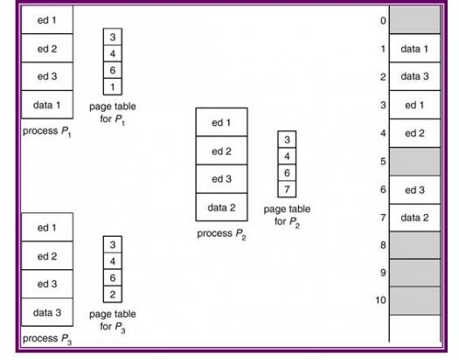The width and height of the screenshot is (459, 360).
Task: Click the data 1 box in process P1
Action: (47, 104)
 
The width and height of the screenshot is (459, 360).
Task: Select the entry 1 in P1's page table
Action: (113, 87)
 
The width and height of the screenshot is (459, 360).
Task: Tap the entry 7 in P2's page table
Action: (287, 190)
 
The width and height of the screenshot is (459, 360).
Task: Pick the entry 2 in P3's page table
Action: (113, 294)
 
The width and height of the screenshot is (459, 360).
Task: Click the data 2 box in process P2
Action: (221, 207)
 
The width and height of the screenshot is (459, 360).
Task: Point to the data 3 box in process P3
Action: (47, 312)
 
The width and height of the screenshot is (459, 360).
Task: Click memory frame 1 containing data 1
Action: (414, 48)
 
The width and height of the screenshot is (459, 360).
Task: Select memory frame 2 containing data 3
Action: (414, 76)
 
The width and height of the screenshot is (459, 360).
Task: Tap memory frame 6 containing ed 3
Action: (414, 190)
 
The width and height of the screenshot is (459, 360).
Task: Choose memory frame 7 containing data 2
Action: (414, 218)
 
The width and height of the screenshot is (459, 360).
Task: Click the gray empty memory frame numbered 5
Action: (414, 162)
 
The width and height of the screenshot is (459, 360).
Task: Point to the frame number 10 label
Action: (380, 300)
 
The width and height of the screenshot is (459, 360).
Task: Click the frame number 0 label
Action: (383, 21)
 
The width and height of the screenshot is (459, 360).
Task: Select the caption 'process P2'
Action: (221, 234)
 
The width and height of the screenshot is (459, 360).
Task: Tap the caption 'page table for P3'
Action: (113, 321)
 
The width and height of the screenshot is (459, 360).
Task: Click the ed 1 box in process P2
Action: (221, 122)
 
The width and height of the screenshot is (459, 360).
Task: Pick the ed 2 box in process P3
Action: (47, 256)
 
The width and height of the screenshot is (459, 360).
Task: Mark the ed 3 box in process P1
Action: (47, 76)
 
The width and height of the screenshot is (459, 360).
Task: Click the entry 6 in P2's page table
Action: (287, 172)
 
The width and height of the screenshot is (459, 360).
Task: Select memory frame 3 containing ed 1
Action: (414, 105)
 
